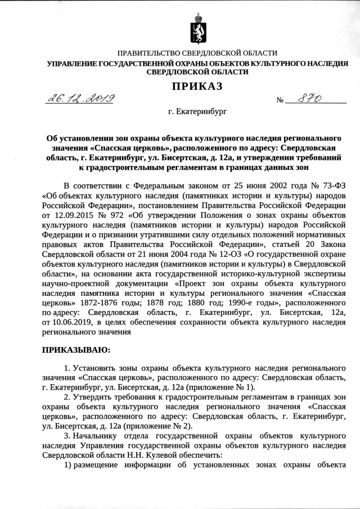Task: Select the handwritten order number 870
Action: [309, 98]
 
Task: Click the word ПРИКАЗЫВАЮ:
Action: [75, 350]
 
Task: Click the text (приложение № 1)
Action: [224, 388]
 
